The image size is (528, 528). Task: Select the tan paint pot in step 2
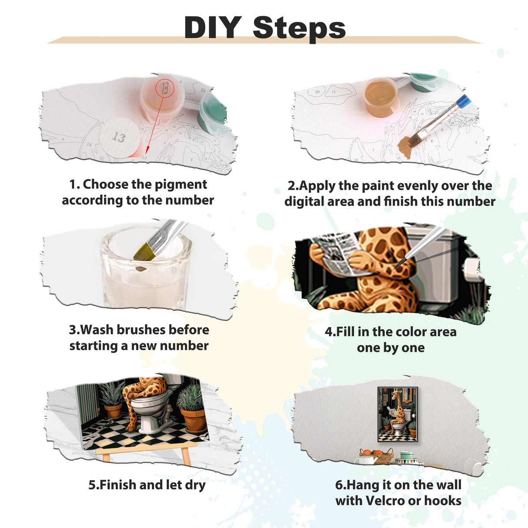[x=380, y=97]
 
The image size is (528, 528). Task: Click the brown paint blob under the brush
[x=407, y=147]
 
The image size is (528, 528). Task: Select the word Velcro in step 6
[x=385, y=501]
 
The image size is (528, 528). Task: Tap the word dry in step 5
[x=195, y=485]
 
